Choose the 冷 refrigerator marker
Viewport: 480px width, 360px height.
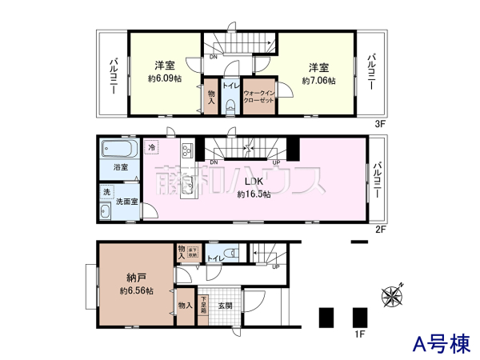point(152,148)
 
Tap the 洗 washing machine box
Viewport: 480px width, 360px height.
point(106,193)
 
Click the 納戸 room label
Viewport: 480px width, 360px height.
point(134,278)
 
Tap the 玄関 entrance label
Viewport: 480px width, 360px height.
point(225,306)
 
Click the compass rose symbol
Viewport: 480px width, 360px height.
point(394,295)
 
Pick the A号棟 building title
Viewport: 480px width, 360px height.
point(441,344)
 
